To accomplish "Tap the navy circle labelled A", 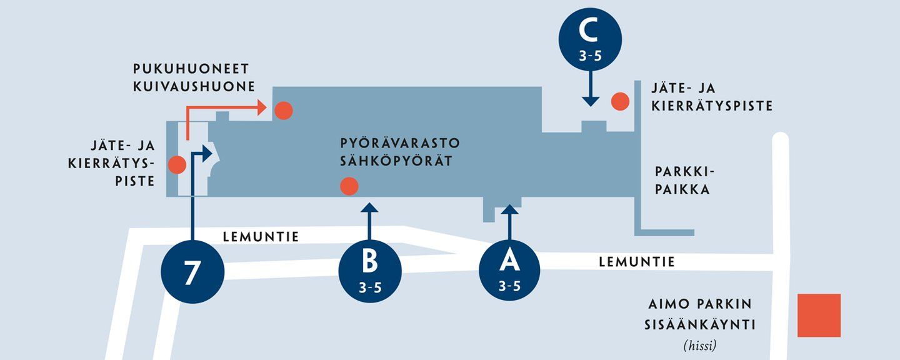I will coord(509,270).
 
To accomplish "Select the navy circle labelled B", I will coord(369,270).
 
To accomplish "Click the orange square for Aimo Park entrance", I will coord(819,316).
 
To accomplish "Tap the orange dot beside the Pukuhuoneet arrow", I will coord(283,111).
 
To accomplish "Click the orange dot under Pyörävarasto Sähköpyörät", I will coord(349,186).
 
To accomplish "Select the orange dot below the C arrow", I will coord(619,101).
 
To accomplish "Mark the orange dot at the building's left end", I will coord(177,165).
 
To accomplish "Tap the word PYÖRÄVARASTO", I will coord(400,143).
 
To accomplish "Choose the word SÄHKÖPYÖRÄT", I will coord(396,161).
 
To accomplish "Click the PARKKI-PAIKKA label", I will coord(684,180).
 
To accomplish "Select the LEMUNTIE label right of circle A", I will coord(637,262).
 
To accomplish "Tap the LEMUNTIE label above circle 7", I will coord(261,237).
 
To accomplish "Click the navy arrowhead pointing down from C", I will coord(589,100).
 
